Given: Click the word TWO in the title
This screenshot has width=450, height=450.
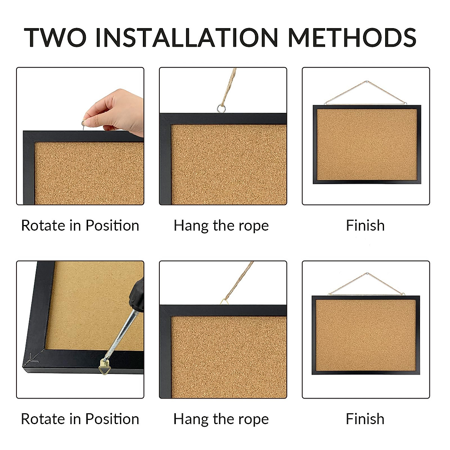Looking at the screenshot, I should [x=55, y=37].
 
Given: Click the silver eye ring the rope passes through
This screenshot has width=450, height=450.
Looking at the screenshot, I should [x=221, y=109].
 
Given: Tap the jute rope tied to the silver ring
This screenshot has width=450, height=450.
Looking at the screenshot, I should [x=229, y=86].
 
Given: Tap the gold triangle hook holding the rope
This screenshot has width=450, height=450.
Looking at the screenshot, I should [x=224, y=301].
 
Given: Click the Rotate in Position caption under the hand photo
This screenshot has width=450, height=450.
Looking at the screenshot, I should [x=80, y=225].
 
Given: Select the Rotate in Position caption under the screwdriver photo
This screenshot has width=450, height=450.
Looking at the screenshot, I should [x=80, y=419].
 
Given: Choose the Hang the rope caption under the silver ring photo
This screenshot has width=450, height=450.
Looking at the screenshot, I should [x=221, y=225].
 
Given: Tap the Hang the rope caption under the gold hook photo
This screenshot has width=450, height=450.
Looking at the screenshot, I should [x=221, y=419].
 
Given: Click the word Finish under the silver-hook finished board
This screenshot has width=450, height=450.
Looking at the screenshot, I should [x=365, y=225].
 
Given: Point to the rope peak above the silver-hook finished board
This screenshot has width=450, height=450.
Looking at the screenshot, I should [x=366, y=81].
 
